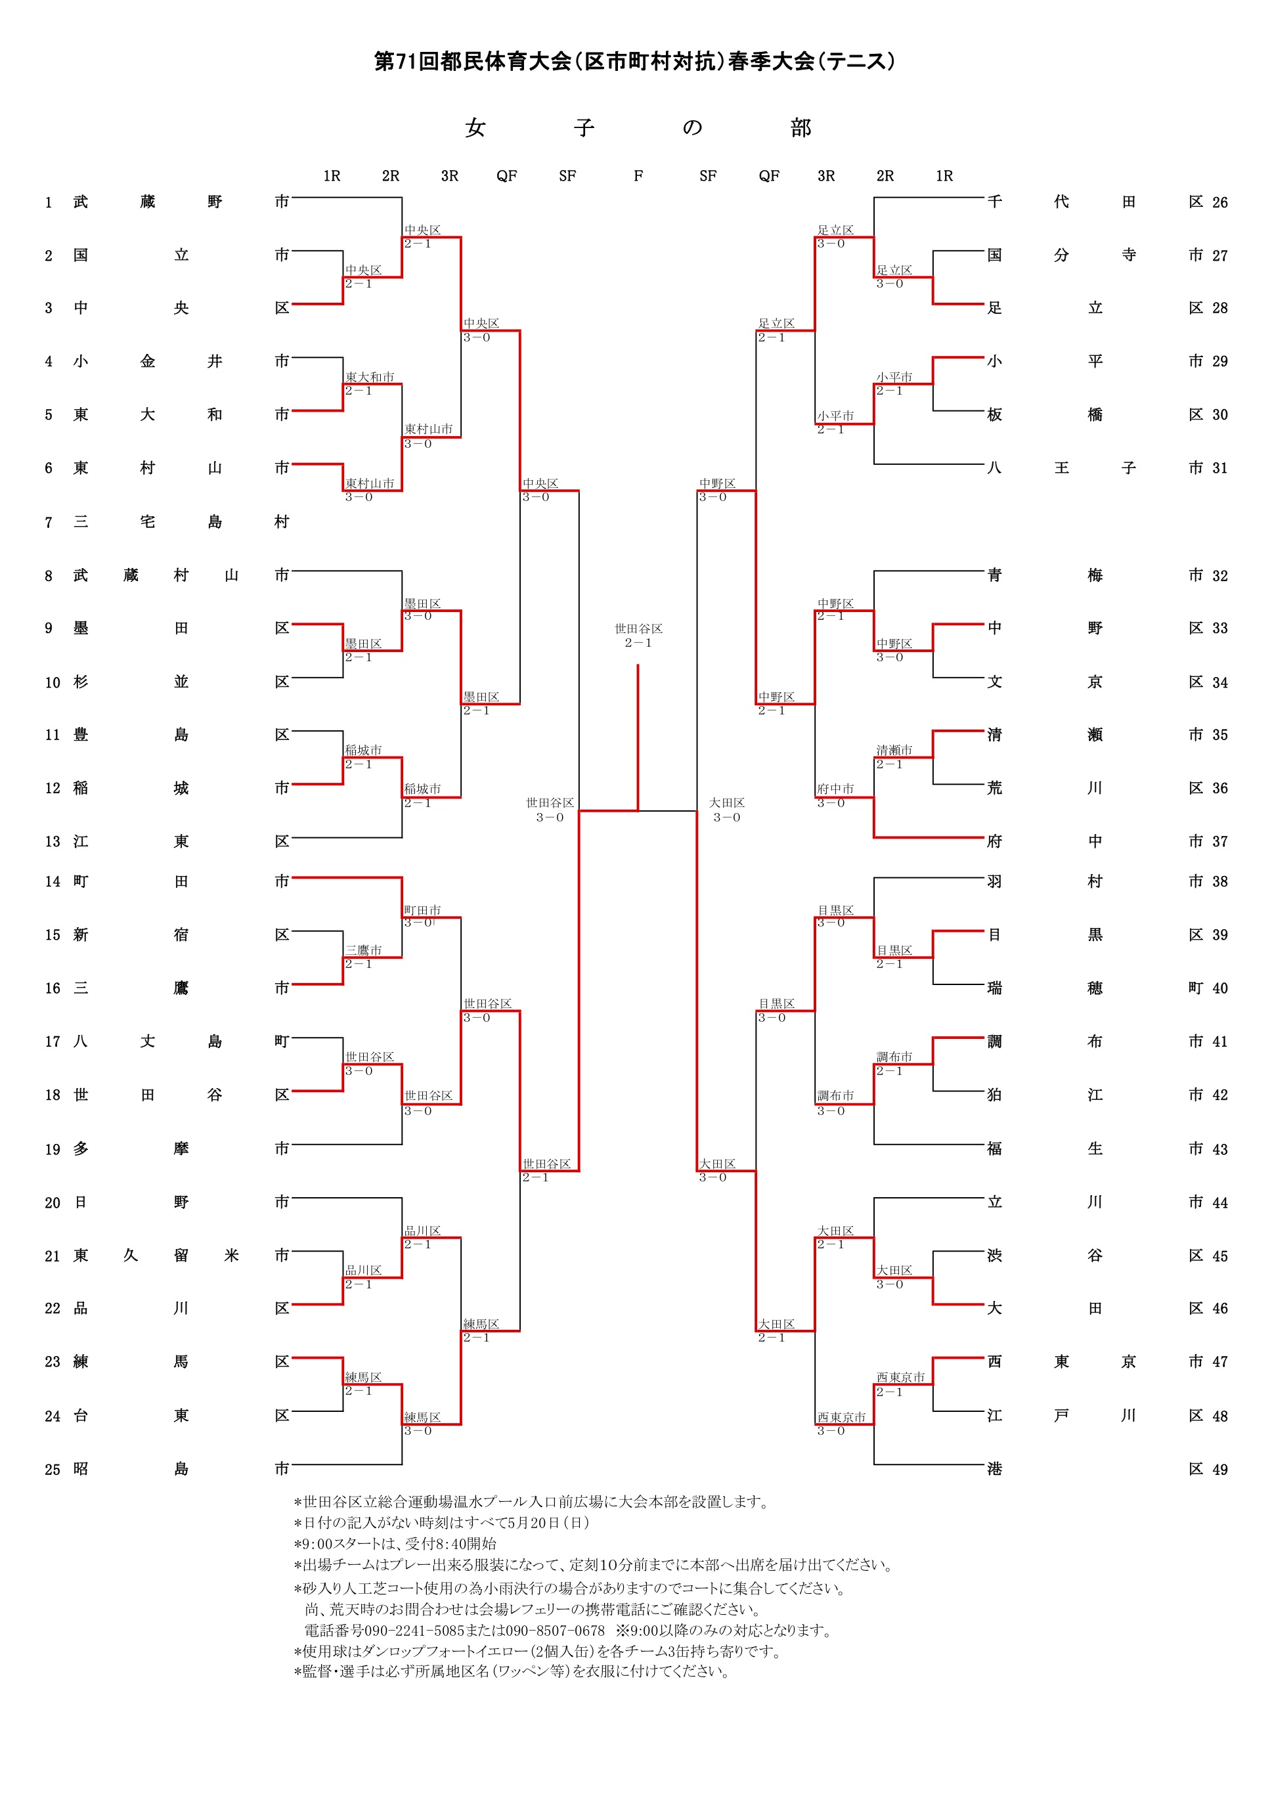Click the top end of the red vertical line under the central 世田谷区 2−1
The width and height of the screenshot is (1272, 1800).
point(638,665)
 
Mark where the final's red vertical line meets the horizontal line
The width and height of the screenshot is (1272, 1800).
point(638,810)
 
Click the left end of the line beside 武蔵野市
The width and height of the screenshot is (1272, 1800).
point(292,198)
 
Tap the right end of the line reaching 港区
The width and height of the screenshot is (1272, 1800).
point(984,1464)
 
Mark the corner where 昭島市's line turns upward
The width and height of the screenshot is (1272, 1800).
point(402,1464)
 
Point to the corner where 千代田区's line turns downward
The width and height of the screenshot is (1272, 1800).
point(874,198)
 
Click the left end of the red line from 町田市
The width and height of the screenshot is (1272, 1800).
point(292,877)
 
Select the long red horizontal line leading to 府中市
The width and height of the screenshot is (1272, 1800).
point(929,837)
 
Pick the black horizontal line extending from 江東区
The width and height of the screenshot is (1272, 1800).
point(347,837)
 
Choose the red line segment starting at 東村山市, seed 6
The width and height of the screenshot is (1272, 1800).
point(317,464)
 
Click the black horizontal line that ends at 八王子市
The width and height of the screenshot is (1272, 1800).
point(929,464)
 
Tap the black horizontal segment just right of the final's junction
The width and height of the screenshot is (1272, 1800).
point(668,810)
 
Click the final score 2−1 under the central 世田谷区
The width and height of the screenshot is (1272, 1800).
point(638,643)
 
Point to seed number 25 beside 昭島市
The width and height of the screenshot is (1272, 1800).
point(53,1469)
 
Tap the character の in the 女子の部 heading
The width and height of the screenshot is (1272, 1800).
point(692,128)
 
